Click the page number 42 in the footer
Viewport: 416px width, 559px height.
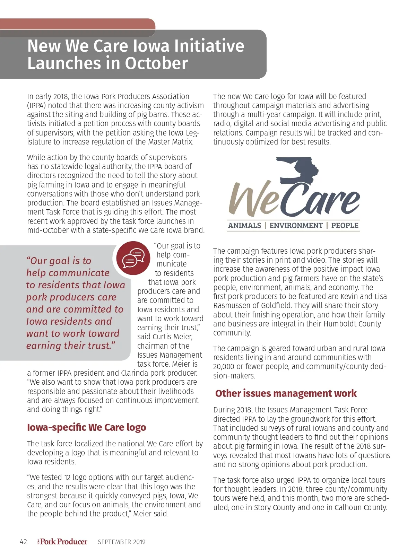24,542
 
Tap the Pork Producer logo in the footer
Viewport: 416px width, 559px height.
63,541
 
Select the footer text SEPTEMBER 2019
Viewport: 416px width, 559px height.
121,542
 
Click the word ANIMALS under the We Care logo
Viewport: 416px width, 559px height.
244,225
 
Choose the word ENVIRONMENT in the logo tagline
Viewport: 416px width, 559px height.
296,225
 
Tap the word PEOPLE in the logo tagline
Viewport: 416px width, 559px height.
345,225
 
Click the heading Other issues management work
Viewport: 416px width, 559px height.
286,393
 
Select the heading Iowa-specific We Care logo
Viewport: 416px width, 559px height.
86,427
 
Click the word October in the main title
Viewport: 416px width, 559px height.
156,63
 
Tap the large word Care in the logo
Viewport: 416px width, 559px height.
322,199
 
